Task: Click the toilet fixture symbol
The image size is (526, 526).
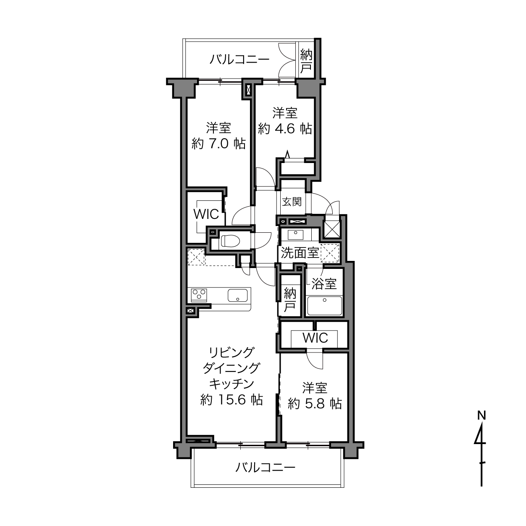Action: (x=230, y=241)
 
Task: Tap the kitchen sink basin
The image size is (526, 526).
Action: (x=238, y=295)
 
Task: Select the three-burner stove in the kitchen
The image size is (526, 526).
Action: (x=200, y=295)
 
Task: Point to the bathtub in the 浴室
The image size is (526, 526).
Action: (x=325, y=306)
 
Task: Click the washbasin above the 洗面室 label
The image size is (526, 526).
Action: (x=296, y=234)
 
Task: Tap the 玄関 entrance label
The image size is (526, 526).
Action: (x=292, y=202)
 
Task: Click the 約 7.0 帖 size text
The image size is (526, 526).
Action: (x=218, y=144)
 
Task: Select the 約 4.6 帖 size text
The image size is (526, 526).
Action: (x=285, y=129)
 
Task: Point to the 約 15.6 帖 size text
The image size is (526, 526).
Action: (x=231, y=400)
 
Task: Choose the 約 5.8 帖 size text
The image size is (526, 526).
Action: (x=315, y=403)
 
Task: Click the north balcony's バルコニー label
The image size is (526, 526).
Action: (x=239, y=59)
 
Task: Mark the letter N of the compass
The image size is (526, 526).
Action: (x=481, y=416)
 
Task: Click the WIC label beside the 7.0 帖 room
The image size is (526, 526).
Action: (x=206, y=214)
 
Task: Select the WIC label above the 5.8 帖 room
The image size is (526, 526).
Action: (x=315, y=338)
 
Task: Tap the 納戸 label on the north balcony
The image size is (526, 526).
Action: (x=306, y=62)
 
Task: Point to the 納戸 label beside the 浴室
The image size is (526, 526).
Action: (x=290, y=300)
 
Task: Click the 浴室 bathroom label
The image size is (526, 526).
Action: (x=324, y=284)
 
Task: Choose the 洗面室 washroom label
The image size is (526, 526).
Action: (x=300, y=253)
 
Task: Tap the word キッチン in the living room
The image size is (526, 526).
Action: (x=231, y=384)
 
